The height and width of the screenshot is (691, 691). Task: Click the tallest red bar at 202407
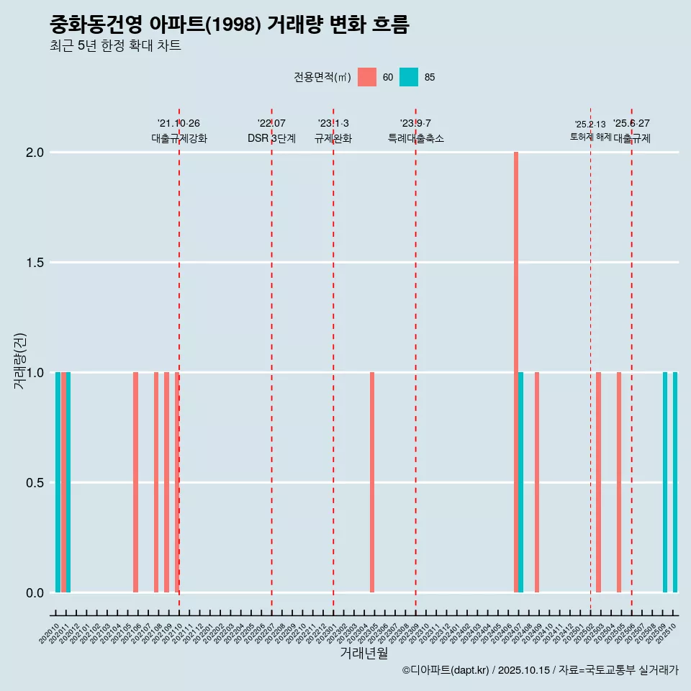516,372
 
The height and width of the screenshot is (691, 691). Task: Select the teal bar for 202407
521,482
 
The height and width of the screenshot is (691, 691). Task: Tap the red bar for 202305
372,482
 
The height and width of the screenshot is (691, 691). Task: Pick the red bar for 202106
135,482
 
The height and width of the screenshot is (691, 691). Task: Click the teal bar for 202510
675,482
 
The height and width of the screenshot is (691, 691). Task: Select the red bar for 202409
537,482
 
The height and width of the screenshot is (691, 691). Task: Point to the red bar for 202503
598,482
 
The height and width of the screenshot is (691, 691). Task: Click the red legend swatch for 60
367,77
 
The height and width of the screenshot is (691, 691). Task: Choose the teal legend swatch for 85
409,77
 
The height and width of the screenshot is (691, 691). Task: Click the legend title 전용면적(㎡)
322,77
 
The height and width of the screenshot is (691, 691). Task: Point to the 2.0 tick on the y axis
36,153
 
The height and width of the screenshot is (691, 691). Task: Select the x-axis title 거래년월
363,653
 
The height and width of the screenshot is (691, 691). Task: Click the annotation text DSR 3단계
271,138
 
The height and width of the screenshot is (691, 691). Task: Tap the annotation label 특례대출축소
415,138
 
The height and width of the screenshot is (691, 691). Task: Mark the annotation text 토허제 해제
590,137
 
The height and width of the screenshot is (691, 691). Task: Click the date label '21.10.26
179,123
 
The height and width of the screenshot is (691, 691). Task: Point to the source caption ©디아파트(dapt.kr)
446,670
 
